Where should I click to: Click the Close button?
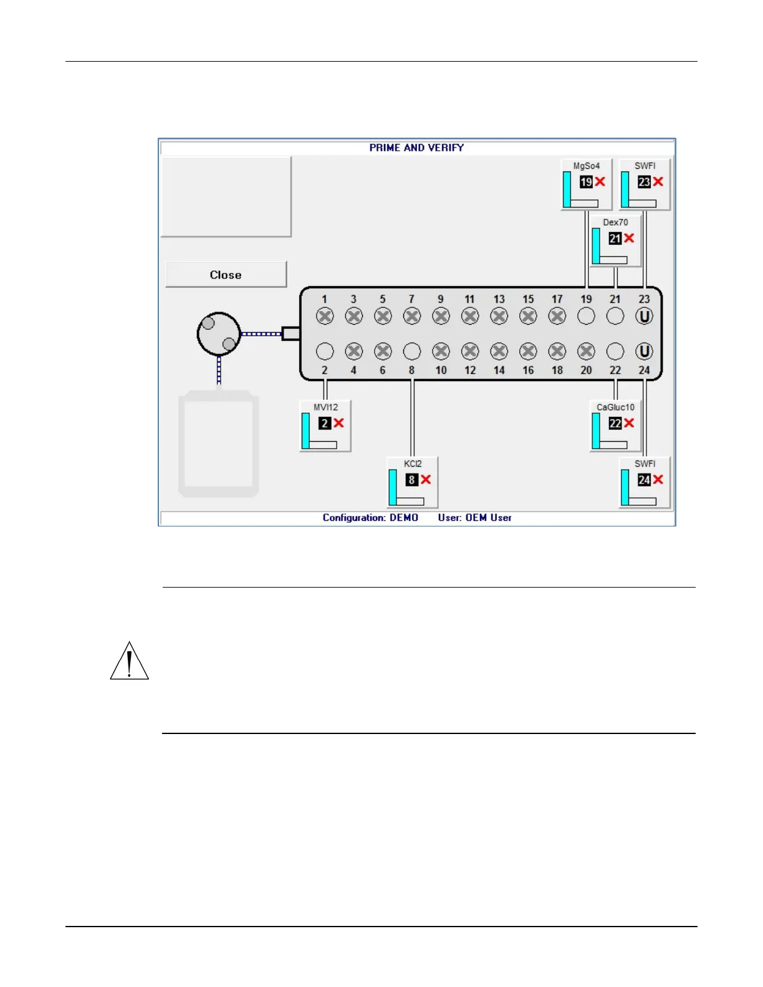pos(226,275)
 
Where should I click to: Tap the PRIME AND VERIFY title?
pos(416,148)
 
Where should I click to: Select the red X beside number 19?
pos(600,181)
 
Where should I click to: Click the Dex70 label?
pos(615,222)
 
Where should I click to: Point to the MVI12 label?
pos(325,408)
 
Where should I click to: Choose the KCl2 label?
pos(413,464)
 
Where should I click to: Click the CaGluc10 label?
pos(615,408)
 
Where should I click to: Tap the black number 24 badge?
pos(644,480)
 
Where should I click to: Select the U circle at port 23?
pos(644,317)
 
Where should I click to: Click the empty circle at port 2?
pos(325,351)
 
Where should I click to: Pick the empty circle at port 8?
pos(412,351)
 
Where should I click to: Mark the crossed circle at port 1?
pos(325,317)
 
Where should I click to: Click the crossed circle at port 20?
pos(586,351)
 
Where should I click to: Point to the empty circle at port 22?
pos(615,351)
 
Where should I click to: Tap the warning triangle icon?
pos(129,662)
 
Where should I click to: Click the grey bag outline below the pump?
pos(219,444)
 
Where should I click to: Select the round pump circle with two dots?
pos(219,334)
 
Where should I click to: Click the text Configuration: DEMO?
pos(370,518)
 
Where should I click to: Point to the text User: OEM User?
pos(474,518)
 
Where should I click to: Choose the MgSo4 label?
pos(587,166)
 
